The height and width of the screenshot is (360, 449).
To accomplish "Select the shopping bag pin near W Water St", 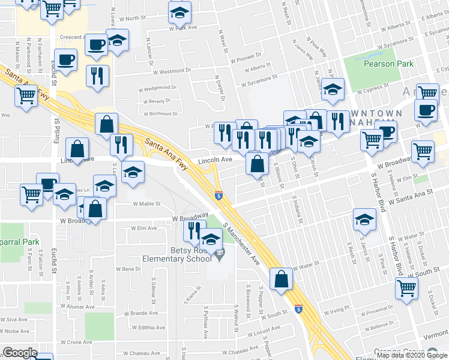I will (282, 280).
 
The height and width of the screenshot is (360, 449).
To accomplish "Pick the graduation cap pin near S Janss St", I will (364, 220).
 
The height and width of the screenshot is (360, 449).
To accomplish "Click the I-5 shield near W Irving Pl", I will (298, 309).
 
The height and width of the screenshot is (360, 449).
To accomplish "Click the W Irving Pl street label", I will (336, 308).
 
